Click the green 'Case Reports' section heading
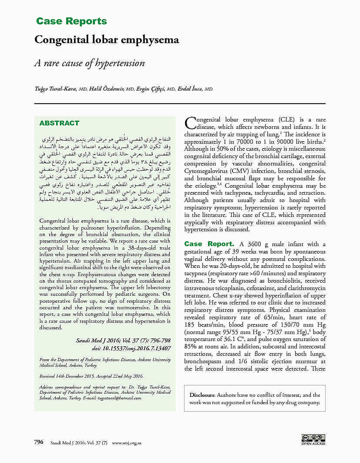pos(71,21)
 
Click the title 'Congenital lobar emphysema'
pos(107,40)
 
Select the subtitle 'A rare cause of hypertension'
pos(89,63)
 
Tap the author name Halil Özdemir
pos(107,89)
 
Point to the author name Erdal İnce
pos(192,89)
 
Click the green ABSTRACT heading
pos(59,123)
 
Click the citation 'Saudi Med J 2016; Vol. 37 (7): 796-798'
pos(123,341)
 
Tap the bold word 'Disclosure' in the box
pos(202,395)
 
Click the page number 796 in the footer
pos(39,442)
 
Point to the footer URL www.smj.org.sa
pos(127,443)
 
